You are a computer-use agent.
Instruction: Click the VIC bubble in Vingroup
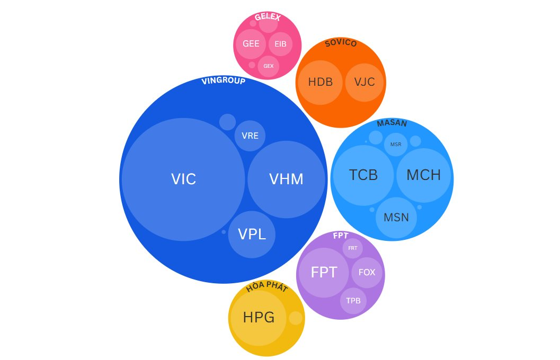pos(183,179)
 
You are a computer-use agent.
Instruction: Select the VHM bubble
pos(286,179)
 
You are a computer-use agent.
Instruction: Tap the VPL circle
pos(252,235)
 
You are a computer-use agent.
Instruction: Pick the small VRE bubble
pos(250,136)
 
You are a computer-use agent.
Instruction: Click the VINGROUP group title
pos(224,81)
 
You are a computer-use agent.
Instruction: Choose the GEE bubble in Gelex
pos(251,44)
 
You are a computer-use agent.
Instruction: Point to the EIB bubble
pos(280,44)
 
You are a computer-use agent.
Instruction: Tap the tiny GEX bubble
pos(269,66)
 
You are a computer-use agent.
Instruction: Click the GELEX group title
pos(268,17)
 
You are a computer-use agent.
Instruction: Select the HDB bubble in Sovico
pos(321,82)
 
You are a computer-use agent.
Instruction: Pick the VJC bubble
pos(364,82)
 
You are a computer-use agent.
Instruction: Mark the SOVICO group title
pos(341,43)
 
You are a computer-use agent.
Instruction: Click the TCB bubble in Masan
pos(363,175)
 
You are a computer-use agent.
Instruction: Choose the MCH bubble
pos(423,175)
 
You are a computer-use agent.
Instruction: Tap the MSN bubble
pos(396,218)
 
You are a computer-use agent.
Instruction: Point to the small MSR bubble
pos(396,144)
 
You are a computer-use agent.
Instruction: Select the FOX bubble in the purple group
pos(367,273)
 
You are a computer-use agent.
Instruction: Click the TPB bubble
pos(353,301)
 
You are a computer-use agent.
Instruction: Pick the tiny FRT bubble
pos(353,248)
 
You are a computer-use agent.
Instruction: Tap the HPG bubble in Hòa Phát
pos(259,318)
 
